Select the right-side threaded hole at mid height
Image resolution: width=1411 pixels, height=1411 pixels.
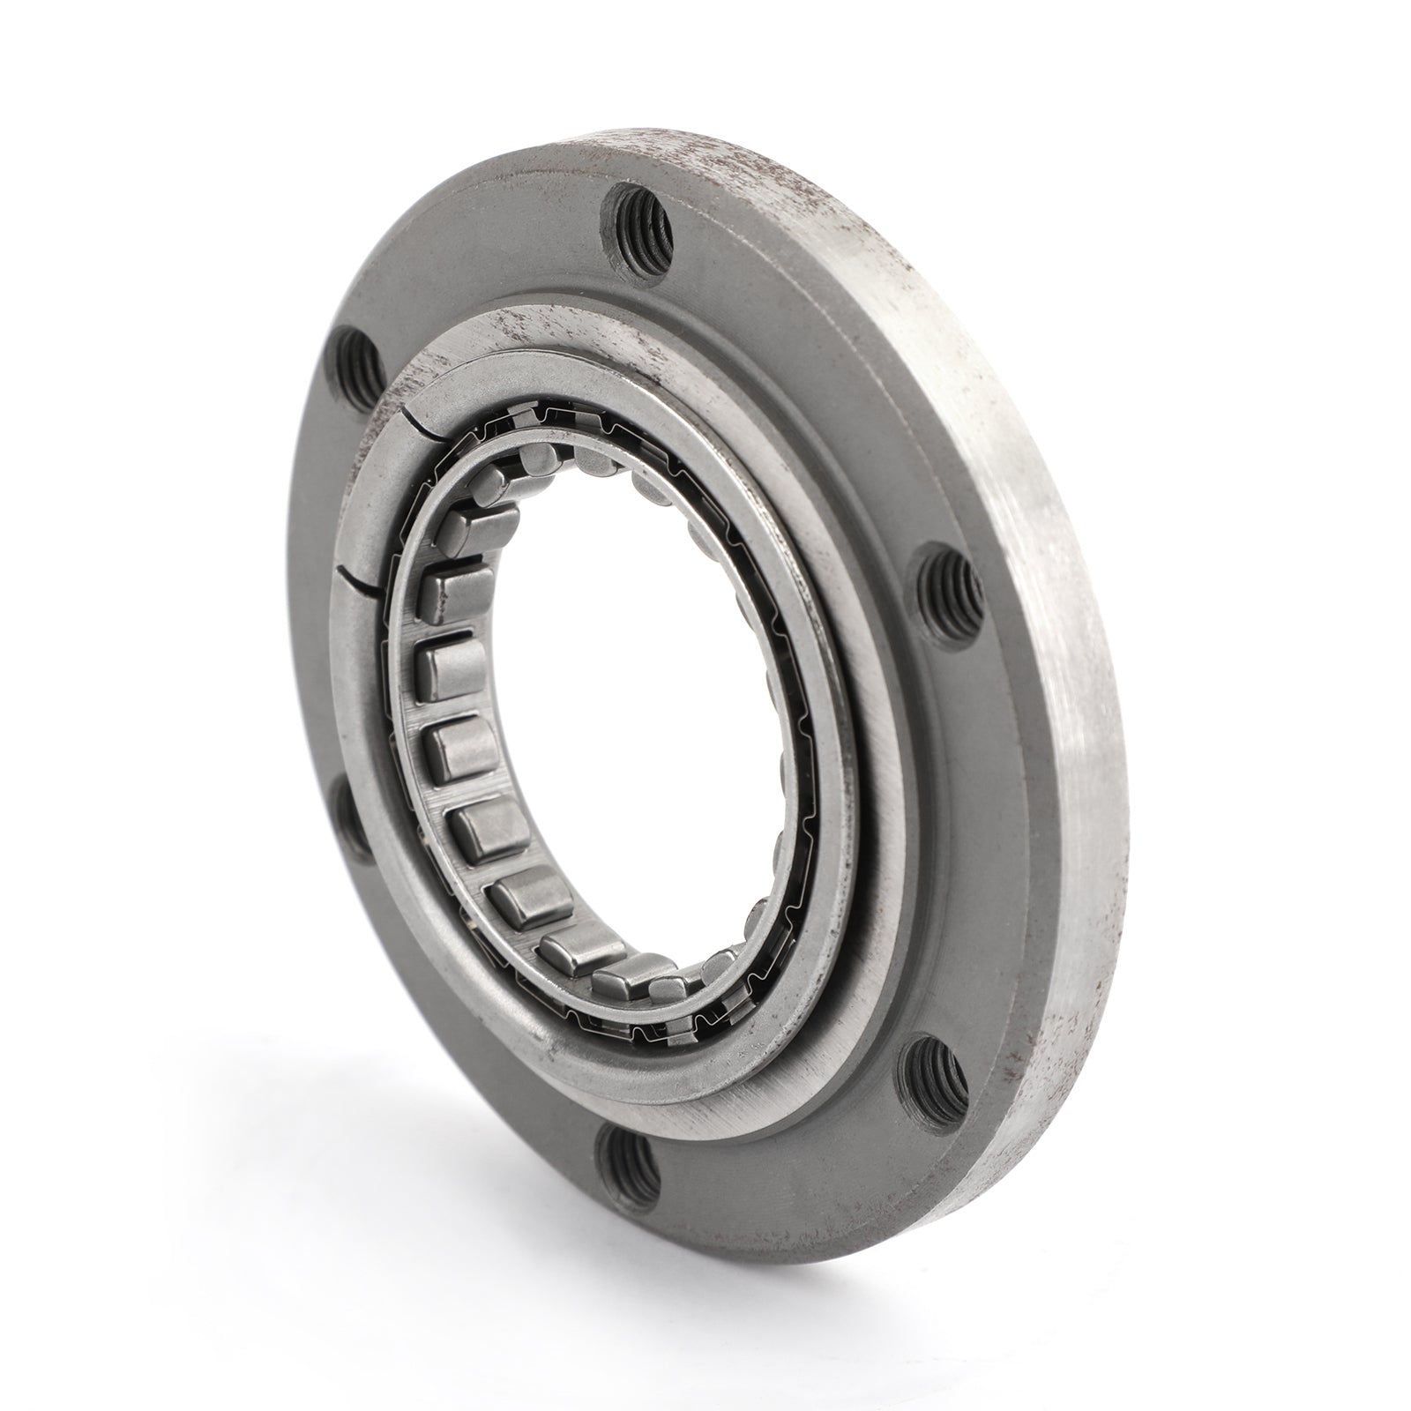point(944,583)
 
